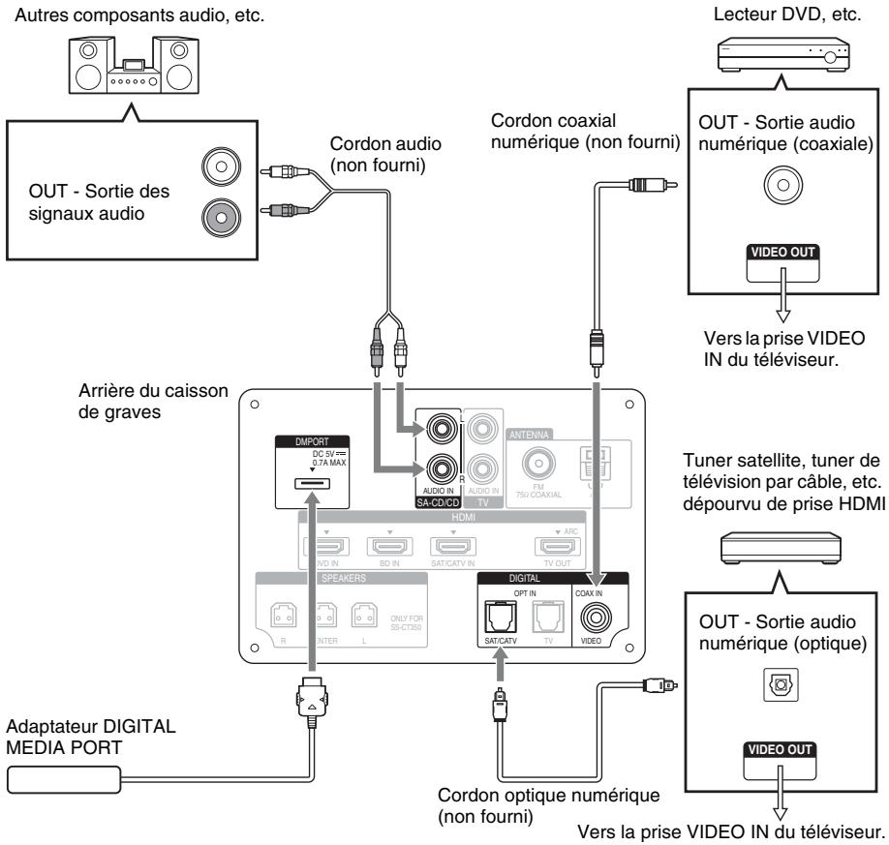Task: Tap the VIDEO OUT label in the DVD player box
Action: point(779,251)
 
